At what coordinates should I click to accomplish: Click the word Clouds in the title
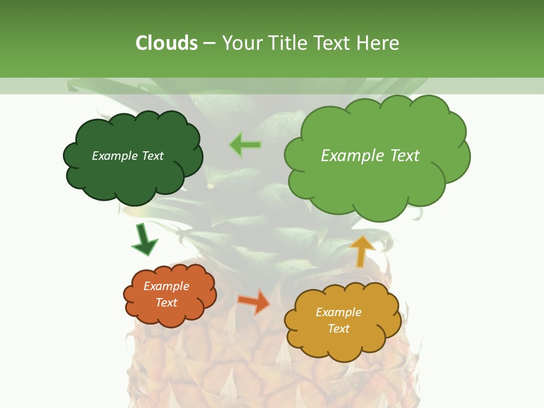pos(167,43)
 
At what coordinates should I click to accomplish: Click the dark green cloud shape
pos(133,176)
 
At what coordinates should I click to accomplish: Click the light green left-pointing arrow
pos(245,145)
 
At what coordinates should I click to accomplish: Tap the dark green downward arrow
pos(144,240)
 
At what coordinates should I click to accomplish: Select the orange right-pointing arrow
pos(254,301)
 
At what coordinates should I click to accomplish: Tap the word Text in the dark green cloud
pos(152,156)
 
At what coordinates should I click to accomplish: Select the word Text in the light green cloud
pos(405,156)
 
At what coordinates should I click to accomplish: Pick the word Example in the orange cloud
pos(167,286)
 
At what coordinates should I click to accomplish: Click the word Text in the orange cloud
pos(167,303)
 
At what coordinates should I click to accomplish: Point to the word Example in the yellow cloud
pos(338,312)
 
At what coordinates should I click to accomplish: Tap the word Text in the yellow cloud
pos(338,329)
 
